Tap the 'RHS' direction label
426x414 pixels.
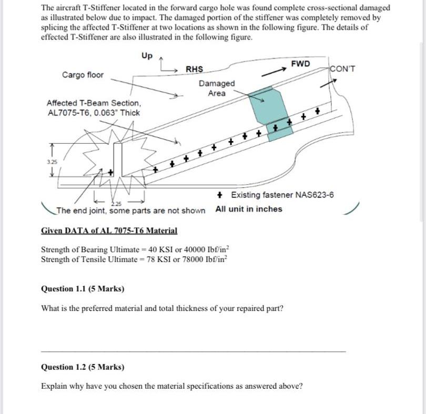tap(194, 69)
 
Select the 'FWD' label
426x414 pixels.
tap(300, 64)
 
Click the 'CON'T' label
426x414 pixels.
tap(343, 69)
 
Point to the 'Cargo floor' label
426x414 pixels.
tap(83, 75)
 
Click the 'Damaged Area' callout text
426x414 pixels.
tap(217, 88)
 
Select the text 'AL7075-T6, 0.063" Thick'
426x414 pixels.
tap(94, 113)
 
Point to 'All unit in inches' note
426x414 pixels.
tap(249, 209)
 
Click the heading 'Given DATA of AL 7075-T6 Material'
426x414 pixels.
tap(109, 230)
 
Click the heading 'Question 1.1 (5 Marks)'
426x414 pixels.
tap(83, 288)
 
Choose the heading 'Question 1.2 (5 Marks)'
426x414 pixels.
tap(83, 367)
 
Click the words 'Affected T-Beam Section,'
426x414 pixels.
tap(94, 103)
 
